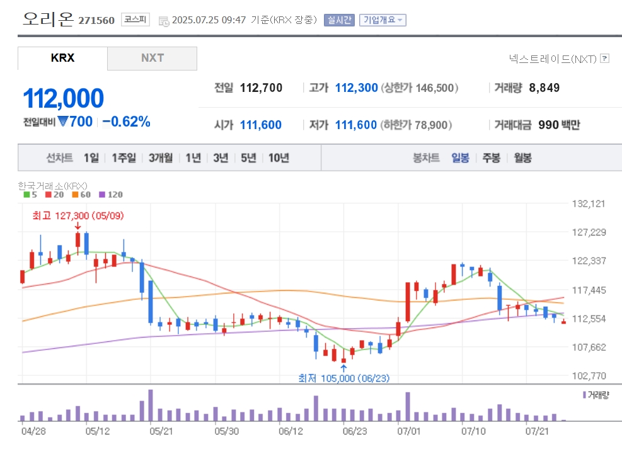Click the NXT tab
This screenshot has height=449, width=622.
click(152, 59)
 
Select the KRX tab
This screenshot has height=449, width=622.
click(62, 59)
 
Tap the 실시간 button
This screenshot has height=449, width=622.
click(339, 20)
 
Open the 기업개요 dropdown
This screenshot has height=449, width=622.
click(383, 20)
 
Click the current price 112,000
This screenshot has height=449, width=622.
click(64, 98)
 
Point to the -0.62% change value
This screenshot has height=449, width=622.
click(126, 122)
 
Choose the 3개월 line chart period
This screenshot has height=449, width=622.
click(161, 157)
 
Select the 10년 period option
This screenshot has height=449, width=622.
click(279, 157)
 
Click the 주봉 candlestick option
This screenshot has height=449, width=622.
click(491, 157)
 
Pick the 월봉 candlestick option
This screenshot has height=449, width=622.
click(522, 157)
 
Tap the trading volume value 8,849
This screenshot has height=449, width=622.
click(544, 88)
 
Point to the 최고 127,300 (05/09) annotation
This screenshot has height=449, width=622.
click(78, 215)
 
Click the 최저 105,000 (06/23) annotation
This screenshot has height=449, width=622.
click(344, 378)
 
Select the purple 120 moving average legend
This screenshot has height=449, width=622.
click(111, 195)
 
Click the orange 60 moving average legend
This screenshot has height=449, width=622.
click(81, 195)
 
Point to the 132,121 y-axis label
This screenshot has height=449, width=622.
click(589, 203)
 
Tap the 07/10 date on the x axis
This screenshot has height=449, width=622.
click(473, 431)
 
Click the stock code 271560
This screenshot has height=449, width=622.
click(96, 20)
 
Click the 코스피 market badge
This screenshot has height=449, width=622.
click(135, 20)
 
